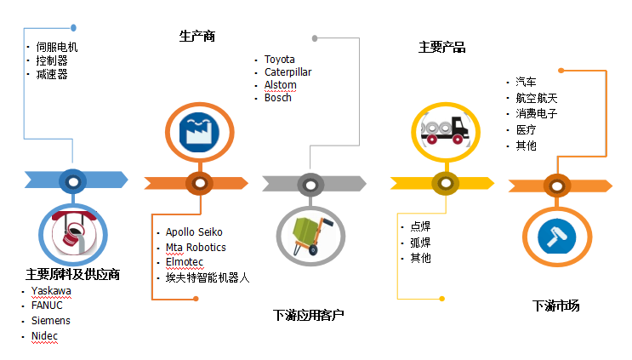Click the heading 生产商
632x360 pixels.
coord(196,37)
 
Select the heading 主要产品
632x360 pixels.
coord(441,48)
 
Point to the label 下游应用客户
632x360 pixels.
coord(308,316)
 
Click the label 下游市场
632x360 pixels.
coord(555,306)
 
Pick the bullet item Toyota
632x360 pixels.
coord(279,60)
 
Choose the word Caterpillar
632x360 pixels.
coord(288,72)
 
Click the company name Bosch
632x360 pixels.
coord(277,97)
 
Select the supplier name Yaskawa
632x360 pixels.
coord(51,290)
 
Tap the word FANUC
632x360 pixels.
coord(47,305)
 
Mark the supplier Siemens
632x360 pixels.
coord(50,321)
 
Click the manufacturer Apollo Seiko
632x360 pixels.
coord(194,231)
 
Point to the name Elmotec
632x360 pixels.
coord(185,262)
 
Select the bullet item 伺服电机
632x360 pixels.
coord(57,48)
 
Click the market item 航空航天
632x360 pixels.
coord(536,98)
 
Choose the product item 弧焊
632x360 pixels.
coord(420,242)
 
